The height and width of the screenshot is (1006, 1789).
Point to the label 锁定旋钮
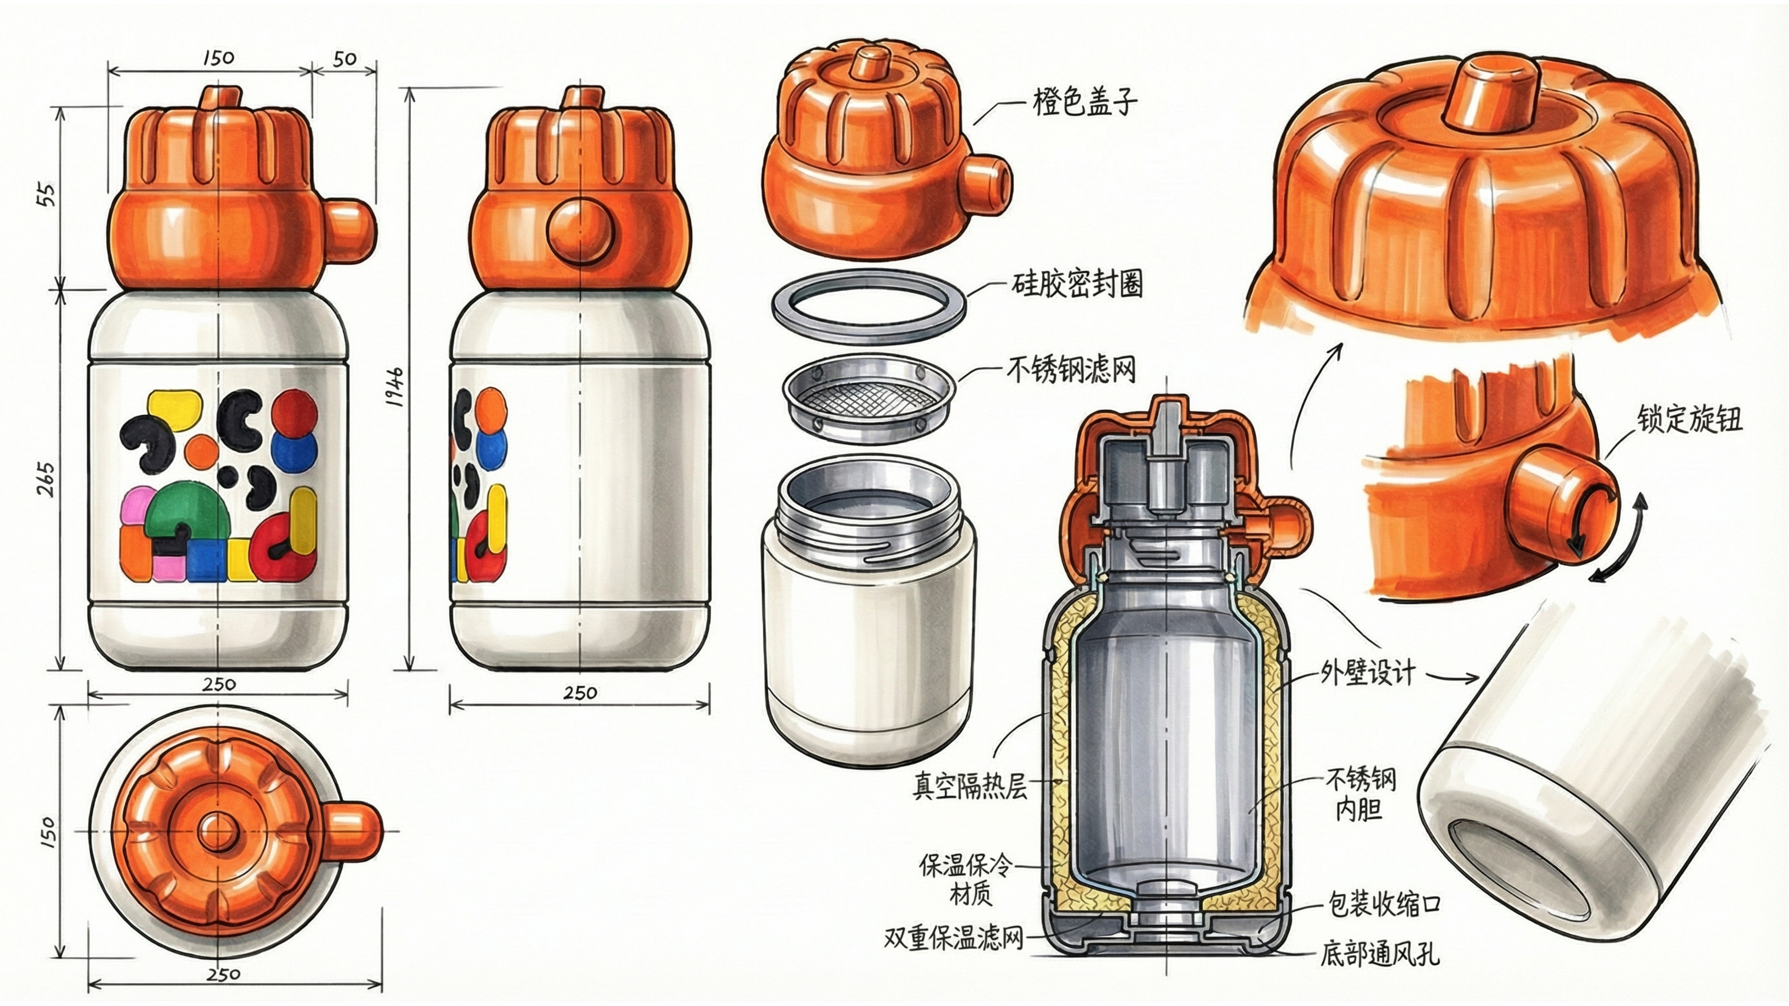(1689, 420)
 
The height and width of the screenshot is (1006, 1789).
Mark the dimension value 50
(344, 60)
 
